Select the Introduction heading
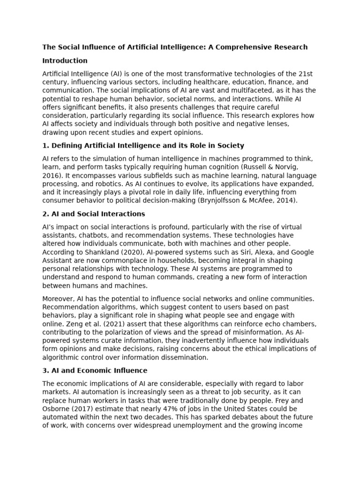65,60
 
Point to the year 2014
287,200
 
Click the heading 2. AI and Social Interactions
94,214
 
